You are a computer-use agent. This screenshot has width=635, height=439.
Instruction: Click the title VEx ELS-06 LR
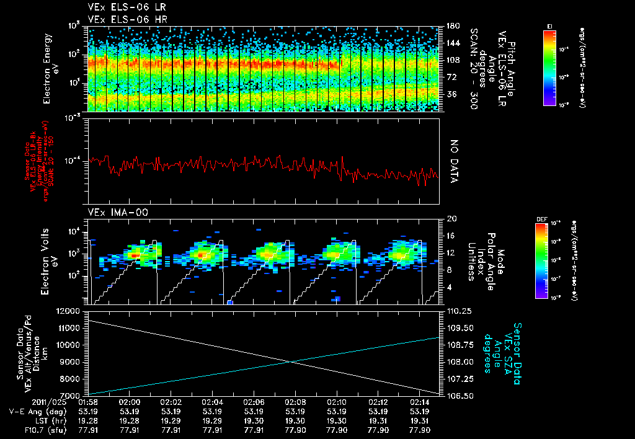pyautogui.click(x=122, y=7)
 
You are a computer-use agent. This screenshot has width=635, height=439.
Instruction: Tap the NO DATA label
pyautogui.click(x=453, y=161)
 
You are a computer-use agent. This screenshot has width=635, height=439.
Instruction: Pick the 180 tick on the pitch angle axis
pyautogui.click(x=453, y=26)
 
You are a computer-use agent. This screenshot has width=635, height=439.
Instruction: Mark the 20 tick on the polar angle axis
pyautogui.click(x=451, y=218)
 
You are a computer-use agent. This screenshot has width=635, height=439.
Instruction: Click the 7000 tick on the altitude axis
pyautogui.click(x=72, y=395)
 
